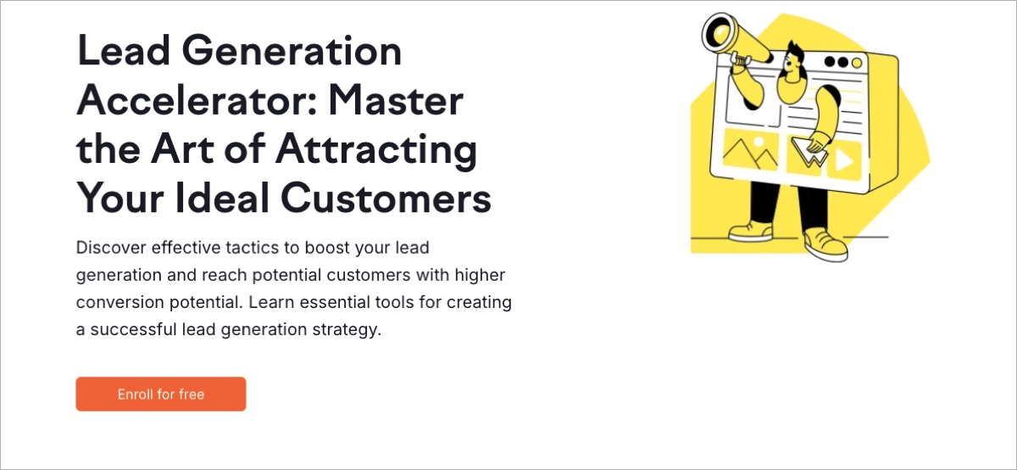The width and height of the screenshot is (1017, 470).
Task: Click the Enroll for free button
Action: (x=161, y=394)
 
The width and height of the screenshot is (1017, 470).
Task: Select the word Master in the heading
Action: (x=396, y=102)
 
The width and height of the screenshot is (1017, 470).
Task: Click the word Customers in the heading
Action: (x=386, y=199)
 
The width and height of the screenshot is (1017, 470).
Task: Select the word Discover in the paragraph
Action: (x=108, y=249)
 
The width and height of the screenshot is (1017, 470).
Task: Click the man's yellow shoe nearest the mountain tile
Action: (x=751, y=230)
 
